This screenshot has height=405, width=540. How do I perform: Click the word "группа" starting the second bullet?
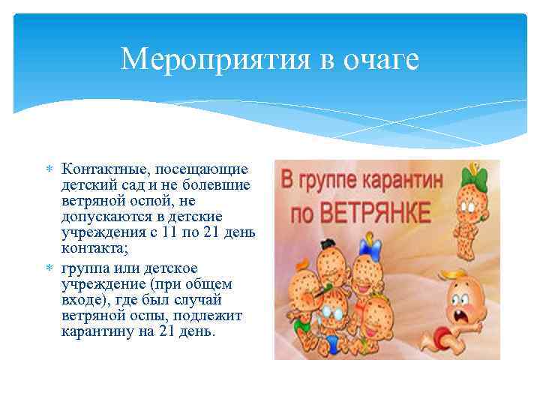83,268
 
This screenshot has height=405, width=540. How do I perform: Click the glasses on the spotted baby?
334,316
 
